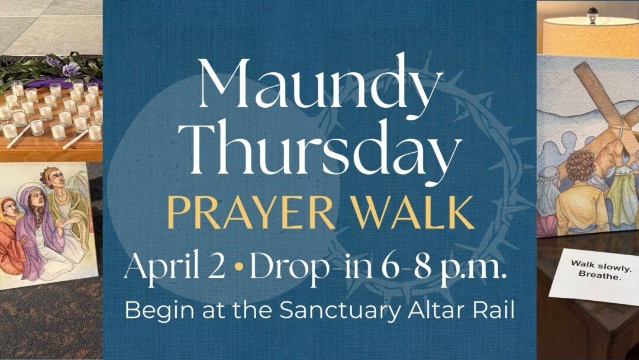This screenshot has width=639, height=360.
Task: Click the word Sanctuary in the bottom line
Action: click(337, 311)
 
